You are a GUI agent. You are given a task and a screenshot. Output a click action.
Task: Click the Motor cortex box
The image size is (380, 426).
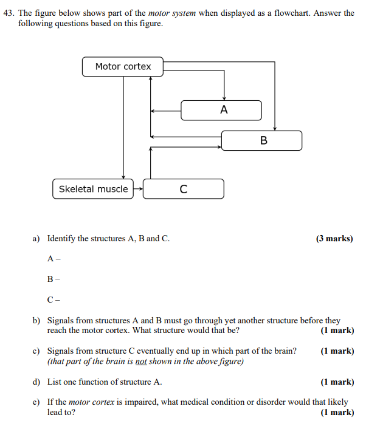[123, 67]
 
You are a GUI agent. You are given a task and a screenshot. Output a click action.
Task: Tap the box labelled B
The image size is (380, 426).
[261, 141]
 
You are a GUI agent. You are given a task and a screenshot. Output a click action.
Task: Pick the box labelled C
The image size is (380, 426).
[184, 189]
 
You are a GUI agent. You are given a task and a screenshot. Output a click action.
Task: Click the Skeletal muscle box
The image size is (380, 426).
[93, 189]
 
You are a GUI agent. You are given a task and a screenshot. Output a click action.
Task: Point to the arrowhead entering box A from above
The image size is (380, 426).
[224, 98]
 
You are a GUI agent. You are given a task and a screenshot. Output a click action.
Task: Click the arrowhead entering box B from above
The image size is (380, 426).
[275, 128]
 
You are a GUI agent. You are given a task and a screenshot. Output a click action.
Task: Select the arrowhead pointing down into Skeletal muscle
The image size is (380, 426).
[123, 176]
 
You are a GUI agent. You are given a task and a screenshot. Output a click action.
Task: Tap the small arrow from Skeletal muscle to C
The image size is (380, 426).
[138, 189]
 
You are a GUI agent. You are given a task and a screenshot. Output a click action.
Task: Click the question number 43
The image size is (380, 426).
[9, 13]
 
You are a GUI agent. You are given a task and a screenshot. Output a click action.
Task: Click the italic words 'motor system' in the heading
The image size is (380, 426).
[172, 13]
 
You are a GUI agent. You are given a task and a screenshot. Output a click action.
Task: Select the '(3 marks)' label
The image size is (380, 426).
[334, 239]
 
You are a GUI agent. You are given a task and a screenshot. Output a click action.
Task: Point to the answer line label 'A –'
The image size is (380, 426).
[54, 259]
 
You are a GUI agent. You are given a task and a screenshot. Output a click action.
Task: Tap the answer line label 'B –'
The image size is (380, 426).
[54, 279]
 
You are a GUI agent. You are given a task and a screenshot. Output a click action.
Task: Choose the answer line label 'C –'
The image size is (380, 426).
[54, 299]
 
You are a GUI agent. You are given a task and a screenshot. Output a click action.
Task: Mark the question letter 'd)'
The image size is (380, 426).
[36, 382]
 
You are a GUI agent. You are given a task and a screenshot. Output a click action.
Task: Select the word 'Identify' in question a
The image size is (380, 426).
[61, 239]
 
